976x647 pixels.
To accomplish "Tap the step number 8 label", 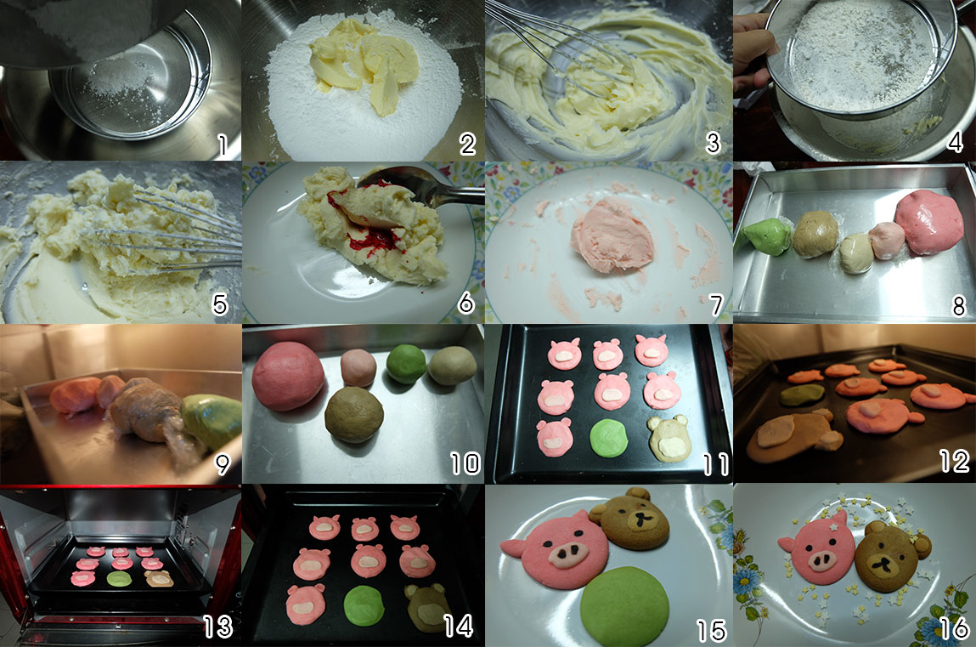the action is click(x=958, y=305).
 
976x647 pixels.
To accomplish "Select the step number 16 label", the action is click(x=954, y=628).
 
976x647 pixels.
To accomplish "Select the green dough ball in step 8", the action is click(x=767, y=236).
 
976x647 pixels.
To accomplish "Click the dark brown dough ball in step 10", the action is click(x=354, y=415).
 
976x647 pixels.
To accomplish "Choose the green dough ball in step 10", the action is click(x=407, y=364).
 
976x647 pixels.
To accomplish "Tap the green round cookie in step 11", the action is click(x=609, y=438).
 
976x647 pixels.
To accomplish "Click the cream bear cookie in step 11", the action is click(x=669, y=439).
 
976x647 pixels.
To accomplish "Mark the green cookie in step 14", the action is click(x=364, y=605).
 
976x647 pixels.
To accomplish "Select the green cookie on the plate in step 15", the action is click(x=624, y=605).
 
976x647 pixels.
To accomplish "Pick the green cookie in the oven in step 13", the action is click(x=119, y=579).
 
